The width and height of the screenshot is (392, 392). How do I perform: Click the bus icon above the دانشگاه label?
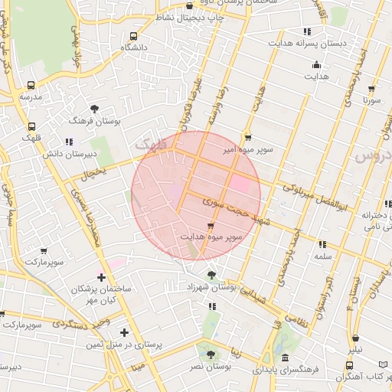[134, 36]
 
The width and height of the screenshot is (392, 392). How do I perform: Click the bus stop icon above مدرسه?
[31, 86]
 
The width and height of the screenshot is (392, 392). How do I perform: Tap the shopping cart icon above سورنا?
[372, 88]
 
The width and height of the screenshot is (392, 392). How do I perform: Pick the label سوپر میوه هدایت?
[211, 237]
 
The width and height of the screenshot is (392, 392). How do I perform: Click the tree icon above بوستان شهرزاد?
[211, 274]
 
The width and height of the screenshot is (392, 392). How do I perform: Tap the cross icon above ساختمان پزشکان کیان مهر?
[101, 277]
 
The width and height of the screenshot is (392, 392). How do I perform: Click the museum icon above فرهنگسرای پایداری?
[285, 358]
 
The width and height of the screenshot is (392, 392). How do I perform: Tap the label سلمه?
[322, 257]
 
